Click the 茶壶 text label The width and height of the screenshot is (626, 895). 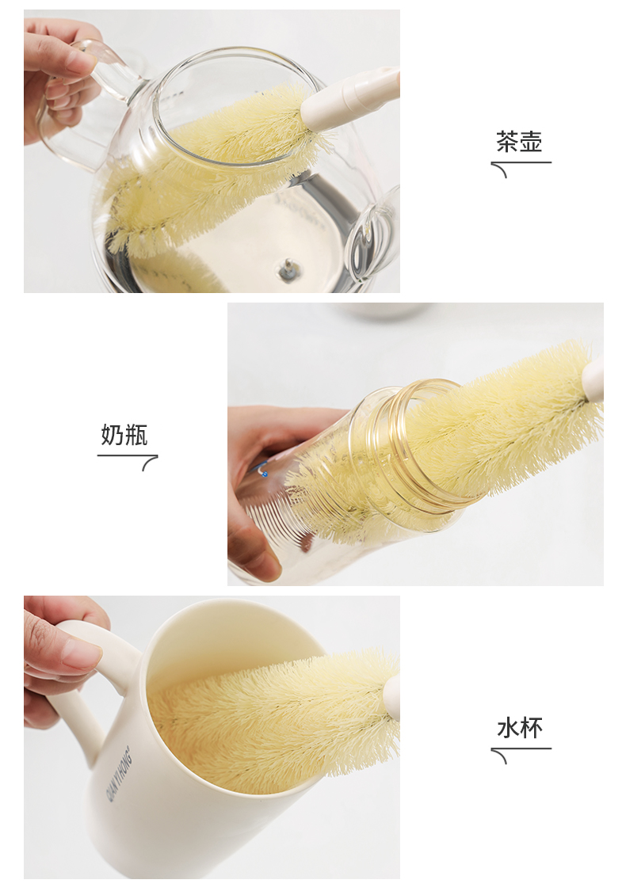coord(518,142)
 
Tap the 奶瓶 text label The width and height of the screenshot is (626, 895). coord(124,435)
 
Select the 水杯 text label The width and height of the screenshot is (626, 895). coord(519,729)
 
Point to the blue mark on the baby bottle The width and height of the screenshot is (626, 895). coord(263,471)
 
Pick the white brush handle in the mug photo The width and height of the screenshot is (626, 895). coord(392,699)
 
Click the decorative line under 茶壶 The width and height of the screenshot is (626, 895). coord(521,166)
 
